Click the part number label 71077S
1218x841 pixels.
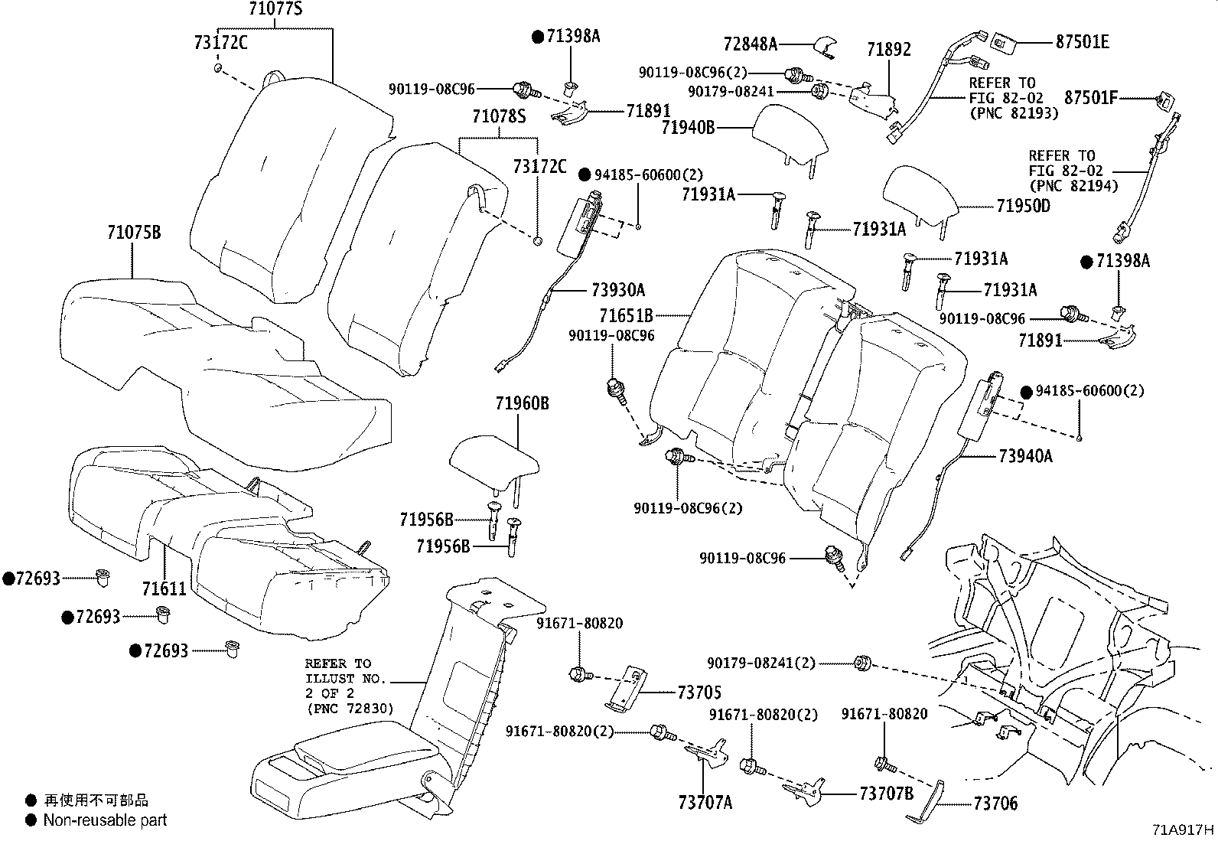tap(275, 10)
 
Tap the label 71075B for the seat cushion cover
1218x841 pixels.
tap(134, 232)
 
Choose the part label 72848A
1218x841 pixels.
tap(750, 44)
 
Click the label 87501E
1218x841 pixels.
tap(1082, 42)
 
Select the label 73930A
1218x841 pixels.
tap(618, 290)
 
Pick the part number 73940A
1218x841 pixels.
tap(1025, 456)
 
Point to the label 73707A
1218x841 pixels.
tap(705, 802)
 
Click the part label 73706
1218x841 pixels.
tap(995, 804)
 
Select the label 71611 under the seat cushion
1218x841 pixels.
tap(164, 588)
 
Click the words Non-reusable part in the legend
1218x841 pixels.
tap(105, 820)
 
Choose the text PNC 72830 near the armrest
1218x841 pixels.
tap(349, 709)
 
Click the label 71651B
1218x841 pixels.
tap(626, 315)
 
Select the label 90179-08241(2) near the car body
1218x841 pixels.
tap(760, 663)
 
